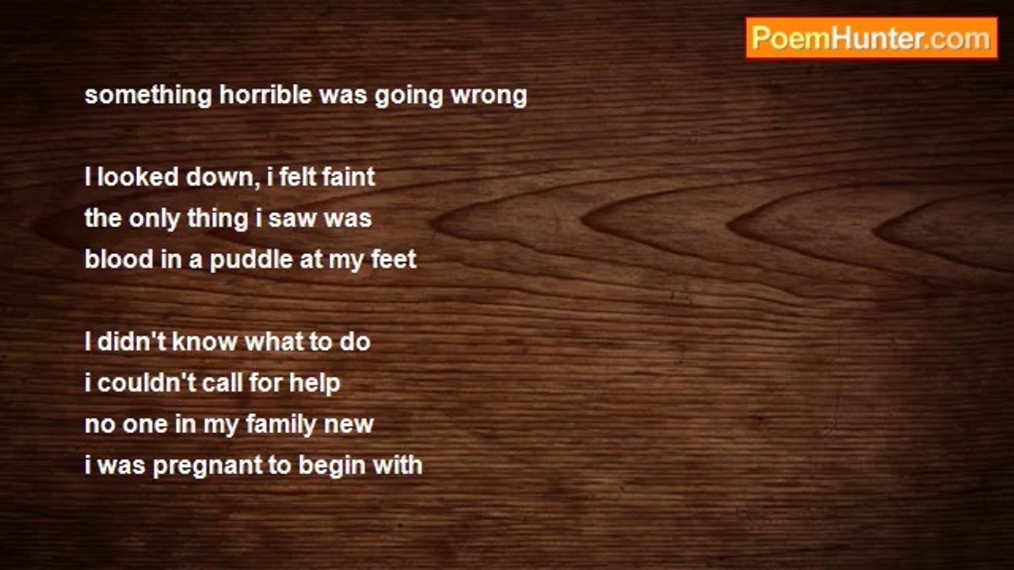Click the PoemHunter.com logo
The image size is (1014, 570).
871,39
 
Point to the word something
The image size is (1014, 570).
148,96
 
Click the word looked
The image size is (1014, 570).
138,177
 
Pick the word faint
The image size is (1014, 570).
349,177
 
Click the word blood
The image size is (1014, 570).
119,259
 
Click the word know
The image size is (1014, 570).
204,341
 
